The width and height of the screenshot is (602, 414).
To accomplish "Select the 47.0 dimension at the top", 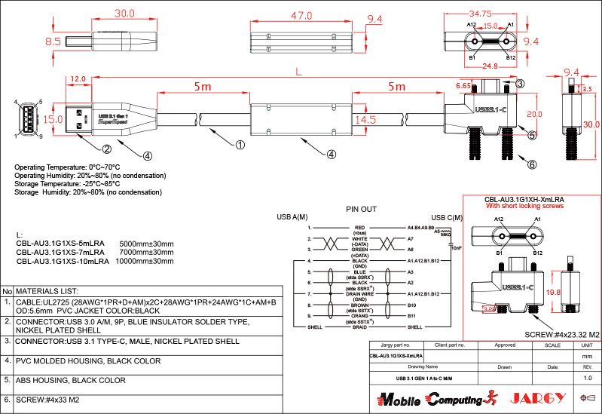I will (301, 14).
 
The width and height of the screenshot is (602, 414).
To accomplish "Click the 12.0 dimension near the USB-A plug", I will (78, 78).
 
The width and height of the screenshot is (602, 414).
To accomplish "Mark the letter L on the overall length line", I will (299, 72).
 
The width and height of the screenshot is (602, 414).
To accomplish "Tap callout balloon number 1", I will (240, 144).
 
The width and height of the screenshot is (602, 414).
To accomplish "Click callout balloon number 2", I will (107, 149).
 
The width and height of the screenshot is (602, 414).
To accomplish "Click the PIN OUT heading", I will (361, 209).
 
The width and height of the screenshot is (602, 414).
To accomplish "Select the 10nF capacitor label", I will (456, 247).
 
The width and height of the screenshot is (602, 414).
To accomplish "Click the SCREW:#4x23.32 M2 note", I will (561, 333).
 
